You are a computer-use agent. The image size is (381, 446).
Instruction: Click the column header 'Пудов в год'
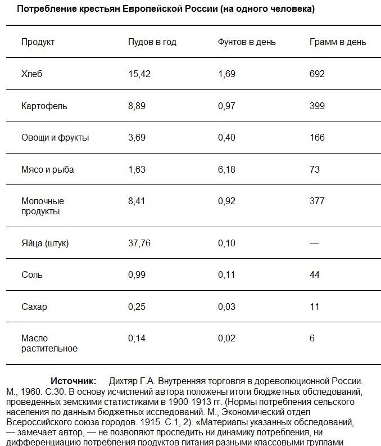(152, 42)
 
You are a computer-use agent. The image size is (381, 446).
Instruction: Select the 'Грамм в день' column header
(338, 42)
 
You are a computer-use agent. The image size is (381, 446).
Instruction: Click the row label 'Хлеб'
(31, 74)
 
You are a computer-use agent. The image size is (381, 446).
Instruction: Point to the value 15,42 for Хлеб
(139, 74)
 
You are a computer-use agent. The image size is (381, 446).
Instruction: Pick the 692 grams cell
(317, 74)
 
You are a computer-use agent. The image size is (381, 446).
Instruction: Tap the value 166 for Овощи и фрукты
(317, 137)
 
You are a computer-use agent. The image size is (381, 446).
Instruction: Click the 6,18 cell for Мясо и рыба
(226, 169)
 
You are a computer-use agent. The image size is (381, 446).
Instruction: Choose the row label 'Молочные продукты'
(43, 206)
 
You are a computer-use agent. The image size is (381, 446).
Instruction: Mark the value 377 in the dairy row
(317, 201)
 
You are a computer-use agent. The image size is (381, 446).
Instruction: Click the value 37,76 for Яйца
(139, 244)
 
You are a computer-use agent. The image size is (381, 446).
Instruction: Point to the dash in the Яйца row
(314, 244)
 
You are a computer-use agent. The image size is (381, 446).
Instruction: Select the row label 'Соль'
(31, 275)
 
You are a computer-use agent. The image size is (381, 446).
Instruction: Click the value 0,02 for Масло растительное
(226, 338)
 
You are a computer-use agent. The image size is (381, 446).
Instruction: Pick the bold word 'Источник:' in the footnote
(74, 381)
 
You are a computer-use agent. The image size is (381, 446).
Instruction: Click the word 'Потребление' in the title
(43, 10)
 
